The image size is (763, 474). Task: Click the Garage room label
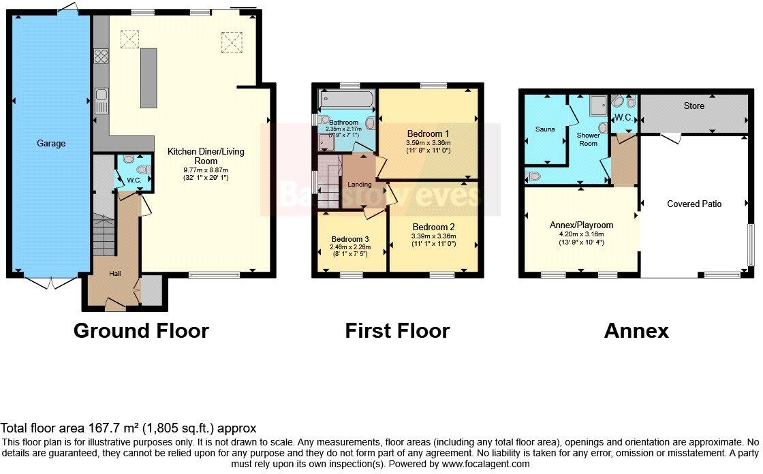tap(51, 144)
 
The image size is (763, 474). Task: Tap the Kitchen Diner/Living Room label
tap(206, 156)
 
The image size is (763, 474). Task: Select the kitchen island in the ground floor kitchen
tap(149, 78)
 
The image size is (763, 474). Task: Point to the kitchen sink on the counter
tap(100, 101)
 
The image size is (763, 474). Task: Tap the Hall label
tap(115, 273)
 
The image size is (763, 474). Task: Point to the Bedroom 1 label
tap(429, 133)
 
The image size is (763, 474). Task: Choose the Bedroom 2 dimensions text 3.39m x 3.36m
tap(433, 236)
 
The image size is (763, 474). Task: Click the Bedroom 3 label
tap(350, 239)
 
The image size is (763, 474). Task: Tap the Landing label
tap(360, 185)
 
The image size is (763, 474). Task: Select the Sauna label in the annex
tap(544, 129)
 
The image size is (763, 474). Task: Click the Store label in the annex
tap(694, 106)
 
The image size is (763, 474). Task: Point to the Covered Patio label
tap(694, 204)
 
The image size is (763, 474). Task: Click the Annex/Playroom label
tap(581, 225)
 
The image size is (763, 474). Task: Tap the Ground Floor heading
tap(141, 331)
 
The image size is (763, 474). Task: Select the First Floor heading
tap(397, 331)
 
